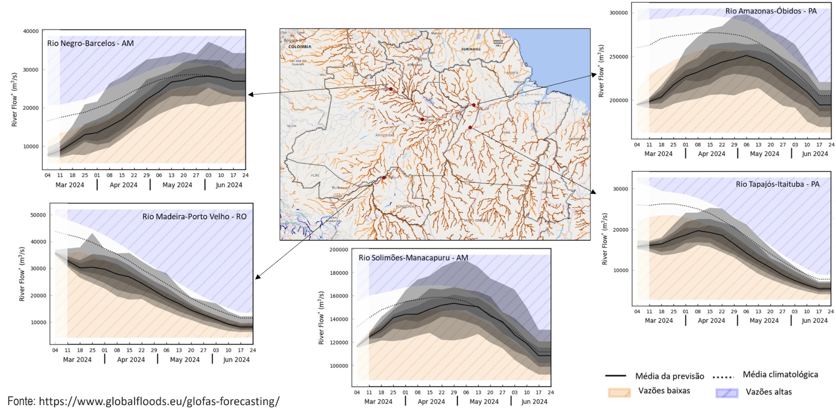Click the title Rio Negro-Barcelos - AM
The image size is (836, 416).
90,44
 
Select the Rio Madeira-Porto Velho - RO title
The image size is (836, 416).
194,217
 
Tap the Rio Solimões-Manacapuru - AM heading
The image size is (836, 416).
413,258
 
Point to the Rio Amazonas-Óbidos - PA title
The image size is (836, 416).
771,11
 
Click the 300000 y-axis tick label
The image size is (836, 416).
618,13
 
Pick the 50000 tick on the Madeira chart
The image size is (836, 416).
37,215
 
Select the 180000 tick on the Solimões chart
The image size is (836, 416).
339,273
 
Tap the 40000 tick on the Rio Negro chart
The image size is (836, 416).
30,31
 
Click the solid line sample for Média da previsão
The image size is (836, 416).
615,376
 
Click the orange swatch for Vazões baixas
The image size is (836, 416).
619,392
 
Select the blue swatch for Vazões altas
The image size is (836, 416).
727,393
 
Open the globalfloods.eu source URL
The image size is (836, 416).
159,401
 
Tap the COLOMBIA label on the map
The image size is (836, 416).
300,47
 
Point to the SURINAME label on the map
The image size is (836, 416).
471,50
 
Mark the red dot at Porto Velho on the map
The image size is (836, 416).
384,178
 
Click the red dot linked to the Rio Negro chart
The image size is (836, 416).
391,89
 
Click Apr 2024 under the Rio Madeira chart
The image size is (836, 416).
131,360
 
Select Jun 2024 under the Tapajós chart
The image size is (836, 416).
814,321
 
